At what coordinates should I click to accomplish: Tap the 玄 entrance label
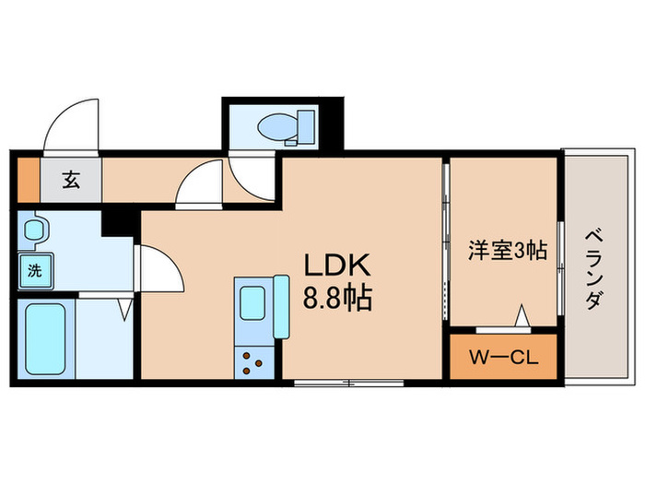point(71,179)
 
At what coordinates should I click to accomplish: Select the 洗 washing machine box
point(34,271)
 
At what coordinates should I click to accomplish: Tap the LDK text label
point(336,266)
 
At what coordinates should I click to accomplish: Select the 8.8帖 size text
point(337,300)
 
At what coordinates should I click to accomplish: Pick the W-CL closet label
point(503,355)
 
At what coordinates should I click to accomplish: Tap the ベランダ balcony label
point(594,267)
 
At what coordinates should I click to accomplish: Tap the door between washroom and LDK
point(158,267)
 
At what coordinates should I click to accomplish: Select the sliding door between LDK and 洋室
point(446,244)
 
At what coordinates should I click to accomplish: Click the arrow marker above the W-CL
point(522,317)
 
